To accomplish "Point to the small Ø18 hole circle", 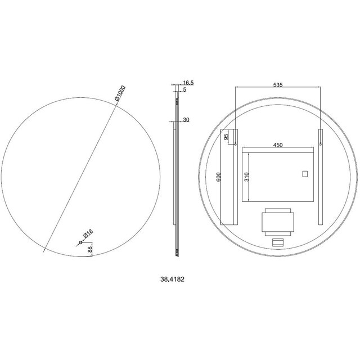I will coord(80,243).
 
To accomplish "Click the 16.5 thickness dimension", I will coord(188,83).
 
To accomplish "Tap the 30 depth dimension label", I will coord(186,119).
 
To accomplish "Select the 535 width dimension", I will coord(277,84).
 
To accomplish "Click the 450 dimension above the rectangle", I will coord(277,145).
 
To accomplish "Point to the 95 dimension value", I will coord(226,136).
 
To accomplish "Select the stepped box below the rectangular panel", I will coord(277,220).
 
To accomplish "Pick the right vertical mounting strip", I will coord(320,178).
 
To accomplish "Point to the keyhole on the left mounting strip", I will coord(236,144).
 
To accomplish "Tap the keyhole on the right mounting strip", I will coord(320,144).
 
